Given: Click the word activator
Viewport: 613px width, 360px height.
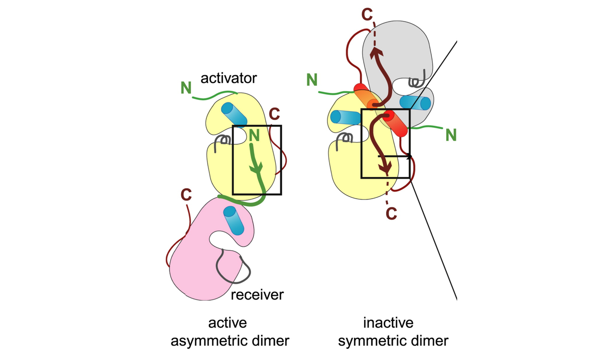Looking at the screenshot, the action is [229, 78].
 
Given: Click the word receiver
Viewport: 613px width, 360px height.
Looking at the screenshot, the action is [257, 295].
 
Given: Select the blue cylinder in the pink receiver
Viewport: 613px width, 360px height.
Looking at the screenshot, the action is [233, 220].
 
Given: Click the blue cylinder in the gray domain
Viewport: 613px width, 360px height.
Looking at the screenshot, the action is [415, 103].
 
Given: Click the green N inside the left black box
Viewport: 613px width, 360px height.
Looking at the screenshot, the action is [254, 135].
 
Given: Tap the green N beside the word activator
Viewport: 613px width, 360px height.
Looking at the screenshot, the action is [186, 88].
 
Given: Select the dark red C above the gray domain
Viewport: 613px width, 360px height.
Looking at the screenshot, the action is [367, 14].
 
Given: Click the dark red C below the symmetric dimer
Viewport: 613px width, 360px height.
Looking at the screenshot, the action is [391, 214].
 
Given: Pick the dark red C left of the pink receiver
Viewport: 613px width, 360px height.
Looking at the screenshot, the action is [186, 194].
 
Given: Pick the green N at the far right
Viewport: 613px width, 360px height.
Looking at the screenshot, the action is [451, 135].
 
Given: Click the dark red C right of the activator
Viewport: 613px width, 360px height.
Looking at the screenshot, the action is [274, 114].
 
